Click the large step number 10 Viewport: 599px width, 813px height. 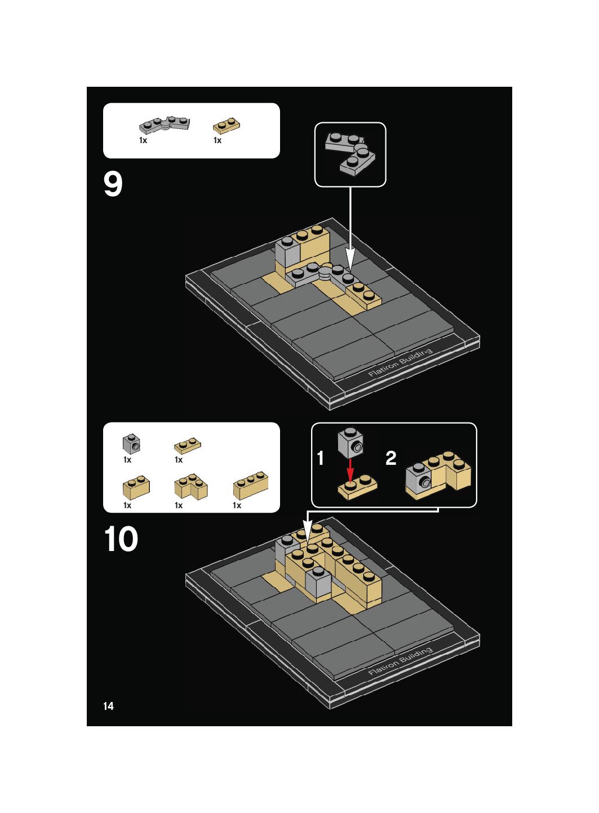click(121, 539)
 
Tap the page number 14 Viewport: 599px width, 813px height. click(109, 706)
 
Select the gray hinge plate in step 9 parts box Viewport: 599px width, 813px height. click(165, 125)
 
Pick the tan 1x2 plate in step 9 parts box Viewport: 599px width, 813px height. click(226, 126)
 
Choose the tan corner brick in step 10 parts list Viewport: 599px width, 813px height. click(191, 486)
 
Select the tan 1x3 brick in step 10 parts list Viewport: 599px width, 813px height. click(251, 485)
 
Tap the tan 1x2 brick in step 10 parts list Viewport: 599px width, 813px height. click(136, 487)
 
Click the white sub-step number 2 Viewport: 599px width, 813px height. click(391, 458)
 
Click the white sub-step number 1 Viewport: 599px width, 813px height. click(320, 458)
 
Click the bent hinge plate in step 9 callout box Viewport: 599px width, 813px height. click(350, 154)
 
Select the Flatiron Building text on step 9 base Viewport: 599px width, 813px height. click(401, 362)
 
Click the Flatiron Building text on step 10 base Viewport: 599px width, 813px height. click(401, 661)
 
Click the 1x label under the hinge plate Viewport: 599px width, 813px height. click(143, 140)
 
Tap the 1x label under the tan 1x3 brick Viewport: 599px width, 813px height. click(237, 505)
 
